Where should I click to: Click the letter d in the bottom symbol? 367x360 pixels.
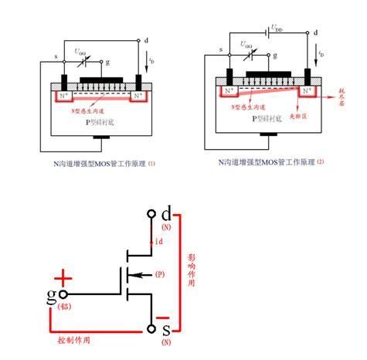[x=168, y=212]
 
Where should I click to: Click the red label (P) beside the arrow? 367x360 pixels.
[x=160, y=273]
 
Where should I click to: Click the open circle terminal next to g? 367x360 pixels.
[x=65, y=294]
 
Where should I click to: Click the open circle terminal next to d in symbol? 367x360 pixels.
[x=151, y=212]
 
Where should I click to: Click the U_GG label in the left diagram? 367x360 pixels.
[x=80, y=51]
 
